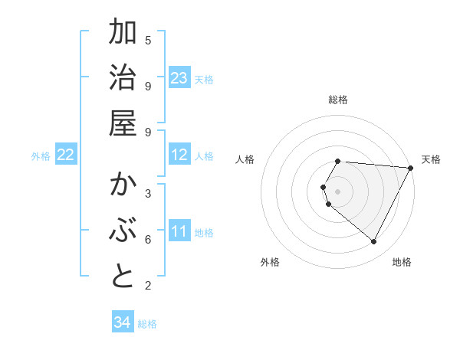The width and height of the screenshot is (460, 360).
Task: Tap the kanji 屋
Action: click(x=123, y=123)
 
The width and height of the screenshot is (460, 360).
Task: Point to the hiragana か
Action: click(x=123, y=186)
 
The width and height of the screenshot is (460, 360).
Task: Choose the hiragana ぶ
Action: click(x=123, y=231)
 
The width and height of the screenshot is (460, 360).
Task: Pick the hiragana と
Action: click(x=123, y=277)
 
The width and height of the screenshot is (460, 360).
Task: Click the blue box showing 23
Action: click(x=179, y=78)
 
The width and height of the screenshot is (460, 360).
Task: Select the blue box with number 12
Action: click(x=179, y=155)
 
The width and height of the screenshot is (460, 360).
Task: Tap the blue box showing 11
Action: click(x=179, y=231)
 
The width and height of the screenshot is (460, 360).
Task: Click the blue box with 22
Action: click(x=66, y=155)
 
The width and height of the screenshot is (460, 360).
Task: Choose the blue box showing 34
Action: click(x=123, y=322)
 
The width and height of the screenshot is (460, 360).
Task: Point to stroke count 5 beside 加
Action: click(x=148, y=39)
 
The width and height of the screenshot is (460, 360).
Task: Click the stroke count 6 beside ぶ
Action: click(x=148, y=240)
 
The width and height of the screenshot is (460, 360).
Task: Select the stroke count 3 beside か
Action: click(x=148, y=193)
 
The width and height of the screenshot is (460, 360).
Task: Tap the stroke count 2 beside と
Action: click(x=148, y=286)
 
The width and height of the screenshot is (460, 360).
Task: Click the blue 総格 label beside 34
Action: click(x=147, y=324)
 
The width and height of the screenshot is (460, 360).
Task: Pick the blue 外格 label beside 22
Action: click(x=41, y=156)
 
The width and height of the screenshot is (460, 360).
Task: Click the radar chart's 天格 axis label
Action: click(x=431, y=159)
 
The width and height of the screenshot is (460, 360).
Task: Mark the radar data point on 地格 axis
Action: click(x=374, y=242)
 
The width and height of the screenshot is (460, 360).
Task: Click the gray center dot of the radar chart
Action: click(x=337, y=191)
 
